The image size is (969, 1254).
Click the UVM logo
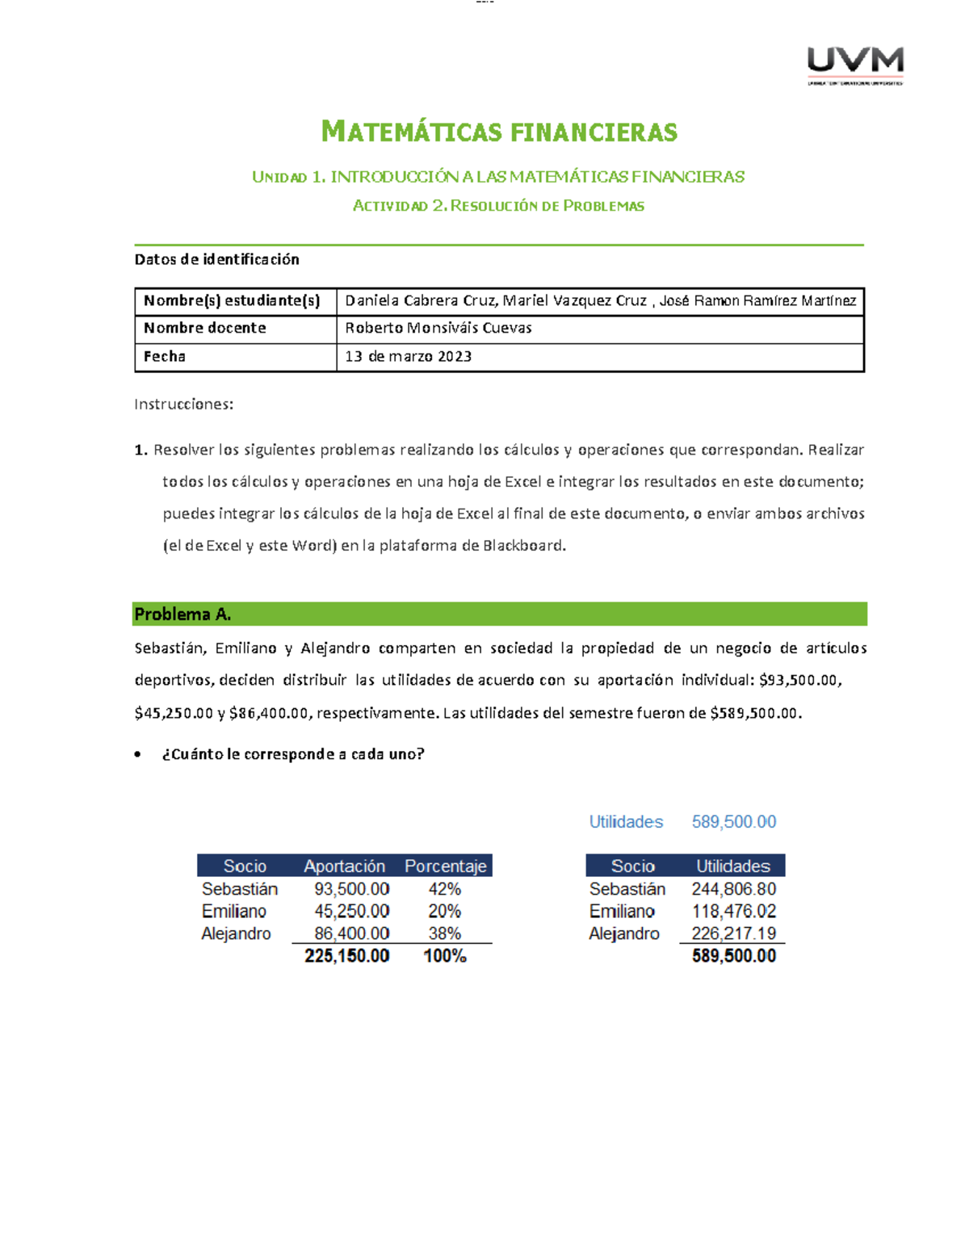pyautogui.click(x=855, y=65)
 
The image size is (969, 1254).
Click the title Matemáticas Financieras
pyautogui.click(x=499, y=132)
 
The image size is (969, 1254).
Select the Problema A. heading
pyautogui.click(x=182, y=614)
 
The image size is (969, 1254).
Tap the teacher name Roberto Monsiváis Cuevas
pyautogui.click(x=438, y=328)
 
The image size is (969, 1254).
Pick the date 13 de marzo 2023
pyautogui.click(x=408, y=356)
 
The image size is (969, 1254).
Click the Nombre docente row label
pyautogui.click(x=204, y=328)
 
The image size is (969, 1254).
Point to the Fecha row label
pyautogui.click(x=165, y=356)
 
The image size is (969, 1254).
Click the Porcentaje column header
pyautogui.click(x=445, y=866)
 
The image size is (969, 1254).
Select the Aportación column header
pyautogui.click(x=344, y=866)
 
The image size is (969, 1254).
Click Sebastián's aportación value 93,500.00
pyautogui.click(x=351, y=888)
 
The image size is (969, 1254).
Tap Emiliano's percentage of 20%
pyautogui.click(x=444, y=911)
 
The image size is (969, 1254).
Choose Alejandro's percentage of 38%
pyautogui.click(x=444, y=933)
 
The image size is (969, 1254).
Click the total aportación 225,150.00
pyautogui.click(x=346, y=956)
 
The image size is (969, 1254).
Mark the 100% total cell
pyautogui.click(x=444, y=956)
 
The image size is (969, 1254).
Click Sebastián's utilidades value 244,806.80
pyautogui.click(x=733, y=888)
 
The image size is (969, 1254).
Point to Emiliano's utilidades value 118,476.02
pyautogui.click(x=733, y=911)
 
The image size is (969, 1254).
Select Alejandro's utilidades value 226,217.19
pyautogui.click(x=733, y=933)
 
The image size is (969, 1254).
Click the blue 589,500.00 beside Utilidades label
pyautogui.click(x=733, y=822)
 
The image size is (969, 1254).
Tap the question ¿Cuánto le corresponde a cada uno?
pyautogui.click(x=292, y=754)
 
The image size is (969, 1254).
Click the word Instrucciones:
pyautogui.click(x=183, y=404)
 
